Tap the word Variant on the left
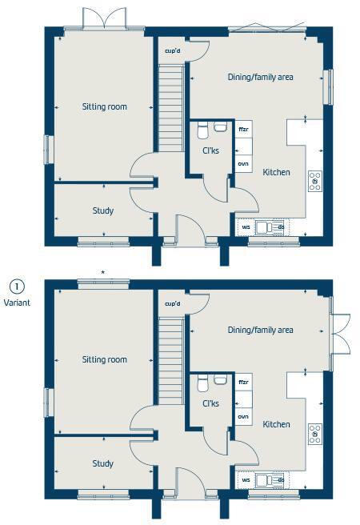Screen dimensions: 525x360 17,303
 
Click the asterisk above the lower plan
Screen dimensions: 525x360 102,274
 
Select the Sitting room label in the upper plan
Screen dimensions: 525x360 105,106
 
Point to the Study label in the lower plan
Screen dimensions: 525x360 102,463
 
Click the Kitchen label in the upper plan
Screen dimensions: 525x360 276,172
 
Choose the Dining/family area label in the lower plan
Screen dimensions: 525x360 260,330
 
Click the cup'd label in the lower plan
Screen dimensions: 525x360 172,304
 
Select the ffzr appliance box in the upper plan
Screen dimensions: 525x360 244,128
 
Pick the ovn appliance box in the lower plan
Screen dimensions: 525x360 243,417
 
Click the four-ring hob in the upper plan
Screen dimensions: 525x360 314,181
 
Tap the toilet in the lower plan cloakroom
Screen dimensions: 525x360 202,382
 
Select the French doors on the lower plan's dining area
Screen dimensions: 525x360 340,331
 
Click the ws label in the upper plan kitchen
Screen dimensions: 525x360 246,227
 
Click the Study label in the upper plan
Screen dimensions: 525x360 102,211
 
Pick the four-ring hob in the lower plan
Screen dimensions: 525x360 314,434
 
